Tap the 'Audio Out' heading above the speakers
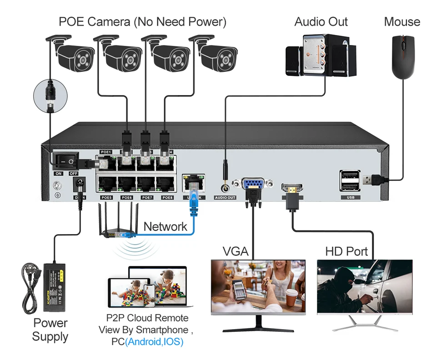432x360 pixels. [321, 21]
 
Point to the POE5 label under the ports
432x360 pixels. [106, 198]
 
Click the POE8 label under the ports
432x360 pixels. [167, 198]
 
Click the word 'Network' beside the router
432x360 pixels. [165, 226]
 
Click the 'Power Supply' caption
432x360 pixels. [50, 330]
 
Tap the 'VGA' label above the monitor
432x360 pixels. [235, 251]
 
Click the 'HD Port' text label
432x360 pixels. [346, 251]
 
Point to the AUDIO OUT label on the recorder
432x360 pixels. [225, 198]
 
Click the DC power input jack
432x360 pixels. [80, 184]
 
